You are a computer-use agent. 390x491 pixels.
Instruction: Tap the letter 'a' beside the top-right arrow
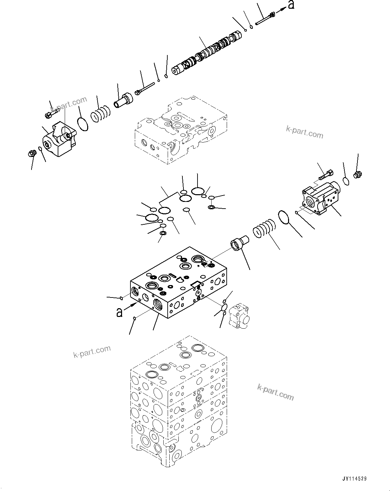click(x=291, y=5)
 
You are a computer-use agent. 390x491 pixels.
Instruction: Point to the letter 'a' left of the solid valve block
click(x=119, y=313)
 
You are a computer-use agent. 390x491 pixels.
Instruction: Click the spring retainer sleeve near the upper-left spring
click(x=123, y=100)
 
